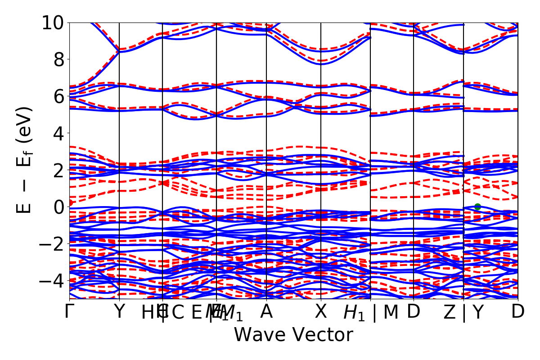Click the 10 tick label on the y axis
(53, 22)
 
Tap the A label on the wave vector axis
(266, 312)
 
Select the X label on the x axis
(321, 312)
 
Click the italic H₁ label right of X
(355, 313)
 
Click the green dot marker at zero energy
(477, 207)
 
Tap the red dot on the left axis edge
(70, 203)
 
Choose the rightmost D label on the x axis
(518, 312)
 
